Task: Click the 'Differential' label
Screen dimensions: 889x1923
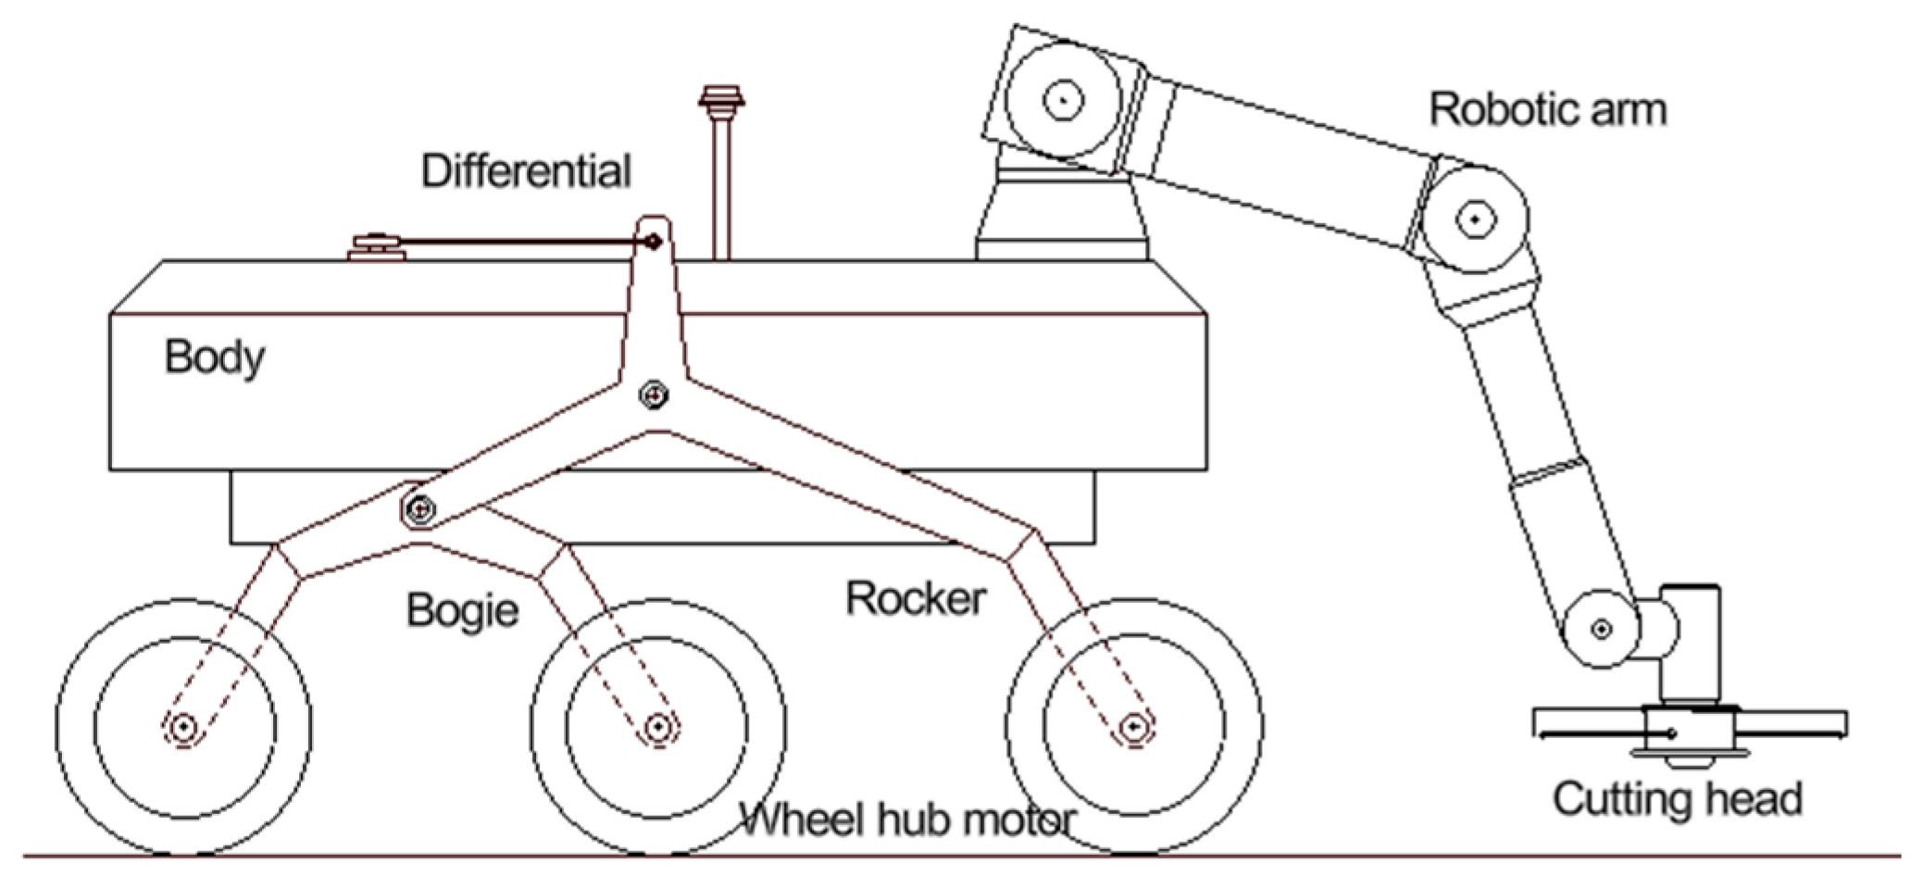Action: pyautogui.click(x=526, y=171)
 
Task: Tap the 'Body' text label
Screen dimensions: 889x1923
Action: pyautogui.click(x=215, y=357)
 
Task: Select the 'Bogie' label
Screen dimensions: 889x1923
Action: pyautogui.click(x=462, y=611)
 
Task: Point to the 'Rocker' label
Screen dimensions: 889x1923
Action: pyautogui.click(x=916, y=599)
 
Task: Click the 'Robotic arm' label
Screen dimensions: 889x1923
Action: pyautogui.click(x=1547, y=110)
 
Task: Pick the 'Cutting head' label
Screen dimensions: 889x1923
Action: pyautogui.click(x=1677, y=799)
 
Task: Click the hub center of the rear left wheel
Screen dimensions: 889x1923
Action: pyautogui.click(x=183, y=727)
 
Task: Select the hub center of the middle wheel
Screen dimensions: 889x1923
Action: pyautogui.click(x=657, y=727)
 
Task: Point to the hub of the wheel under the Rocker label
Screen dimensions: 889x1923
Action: pyautogui.click(x=1133, y=727)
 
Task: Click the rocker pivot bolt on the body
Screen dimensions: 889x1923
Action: pyautogui.click(x=655, y=395)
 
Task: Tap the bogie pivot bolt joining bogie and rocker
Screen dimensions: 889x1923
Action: pyautogui.click(x=419, y=508)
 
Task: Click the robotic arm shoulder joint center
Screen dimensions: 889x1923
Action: pyautogui.click(x=1063, y=99)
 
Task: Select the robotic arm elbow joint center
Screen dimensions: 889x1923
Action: pyautogui.click(x=1474, y=219)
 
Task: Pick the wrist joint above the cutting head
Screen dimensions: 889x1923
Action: pyautogui.click(x=1601, y=629)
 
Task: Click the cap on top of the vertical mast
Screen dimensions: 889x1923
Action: pyautogui.click(x=721, y=97)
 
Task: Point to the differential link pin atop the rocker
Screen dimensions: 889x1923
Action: pyautogui.click(x=654, y=242)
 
